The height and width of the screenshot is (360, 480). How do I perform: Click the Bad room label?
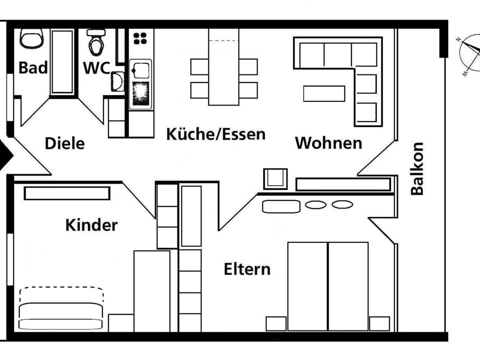tap(33, 67)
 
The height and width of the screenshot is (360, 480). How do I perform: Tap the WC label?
tap(96, 68)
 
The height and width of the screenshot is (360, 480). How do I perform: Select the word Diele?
tap(64, 143)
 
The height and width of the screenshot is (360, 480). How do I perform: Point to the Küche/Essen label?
tap(216, 134)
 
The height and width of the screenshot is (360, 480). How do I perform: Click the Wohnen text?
tap(328, 143)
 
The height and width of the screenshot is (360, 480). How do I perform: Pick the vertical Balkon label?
tap(417, 168)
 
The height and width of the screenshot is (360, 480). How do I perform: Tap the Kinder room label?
tap(91, 225)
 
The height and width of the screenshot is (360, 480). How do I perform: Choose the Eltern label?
tap(247, 269)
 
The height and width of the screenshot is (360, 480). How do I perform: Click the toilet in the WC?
tap(96, 42)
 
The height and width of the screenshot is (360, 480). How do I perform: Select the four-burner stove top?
tap(140, 38)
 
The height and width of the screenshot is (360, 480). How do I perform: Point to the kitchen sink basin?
tap(140, 70)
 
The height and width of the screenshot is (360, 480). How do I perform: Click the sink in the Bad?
tap(31, 38)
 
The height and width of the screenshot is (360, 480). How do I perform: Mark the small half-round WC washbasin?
tap(117, 81)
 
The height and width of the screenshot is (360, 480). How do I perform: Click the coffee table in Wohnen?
tap(324, 93)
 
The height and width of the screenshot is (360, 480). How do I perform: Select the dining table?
tap(224, 67)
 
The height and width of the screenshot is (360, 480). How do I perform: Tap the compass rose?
tap(469, 55)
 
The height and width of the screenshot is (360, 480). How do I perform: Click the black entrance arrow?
tap(5, 155)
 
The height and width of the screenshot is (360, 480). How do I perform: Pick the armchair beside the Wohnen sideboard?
tap(275, 179)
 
